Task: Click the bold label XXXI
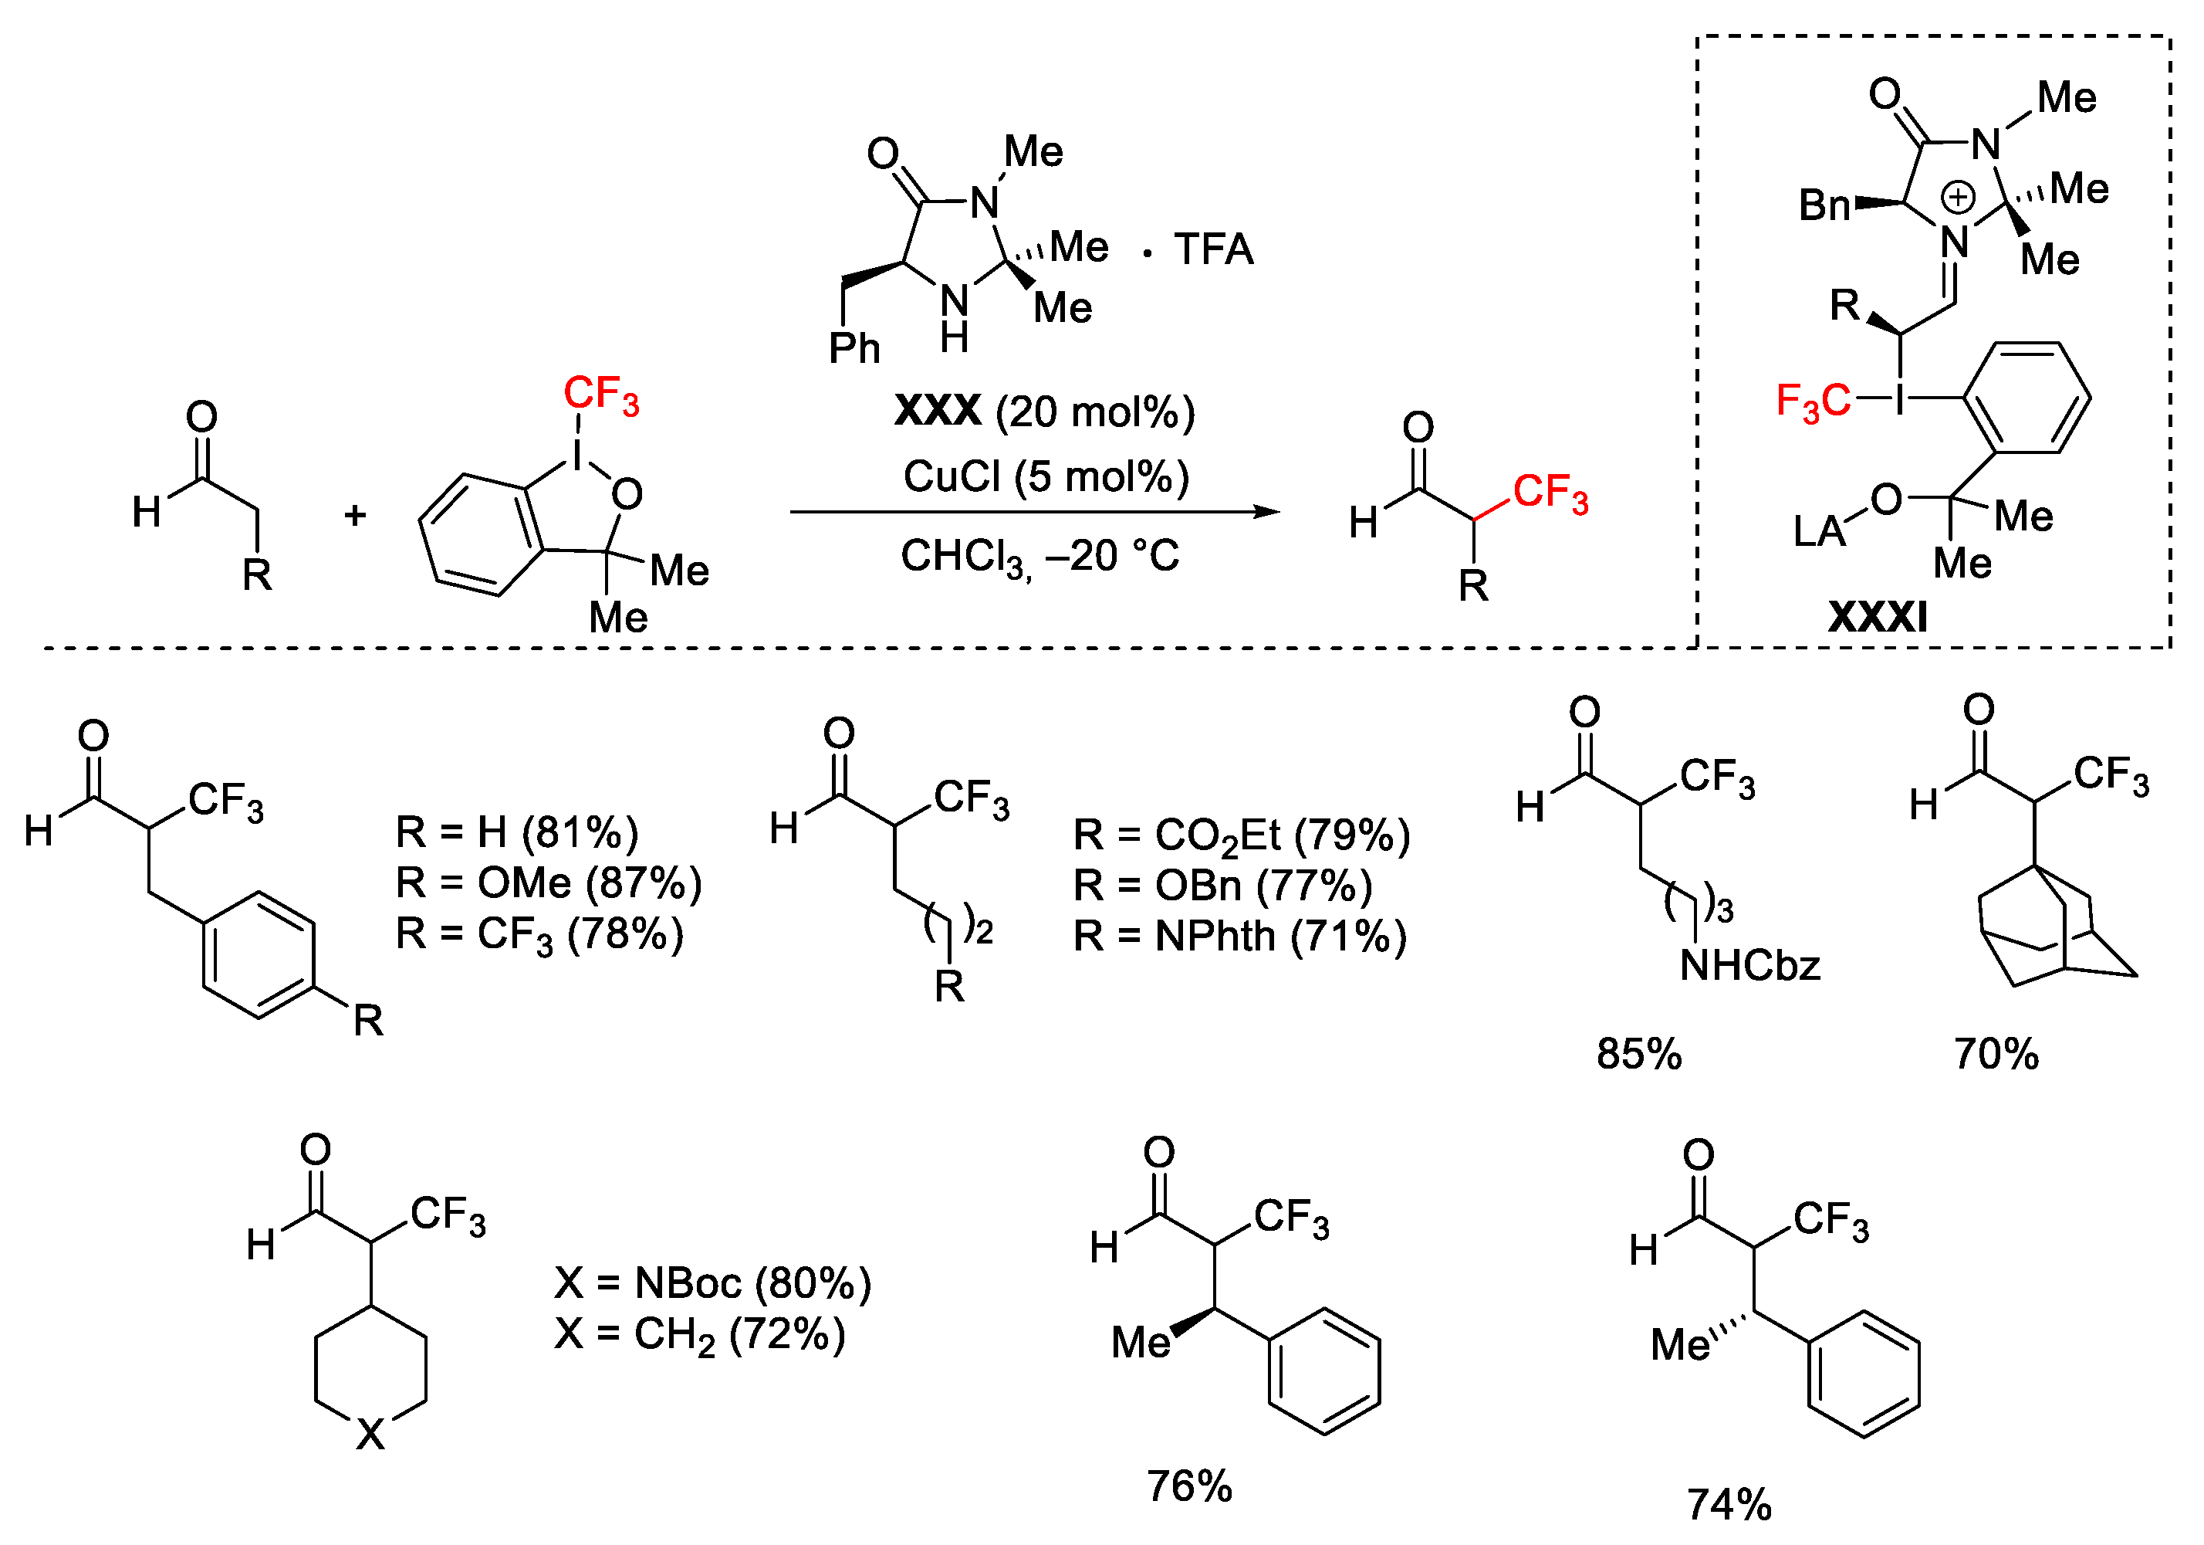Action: point(1876,616)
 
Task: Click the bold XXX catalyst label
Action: point(937,411)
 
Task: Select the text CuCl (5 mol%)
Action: point(1046,476)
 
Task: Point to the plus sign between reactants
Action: point(355,516)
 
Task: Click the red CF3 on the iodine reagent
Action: point(601,395)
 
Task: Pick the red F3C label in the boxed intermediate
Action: point(1811,401)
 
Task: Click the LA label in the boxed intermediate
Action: point(1819,531)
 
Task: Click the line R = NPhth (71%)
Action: point(1239,937)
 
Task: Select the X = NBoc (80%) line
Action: point(712,1282)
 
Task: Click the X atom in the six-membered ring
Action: point(370,1435)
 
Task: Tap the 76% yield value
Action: point(1188,1486)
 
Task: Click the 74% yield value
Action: point(1728,1505)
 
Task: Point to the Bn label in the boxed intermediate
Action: point(1823,205)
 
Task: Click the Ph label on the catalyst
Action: point(854,348)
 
